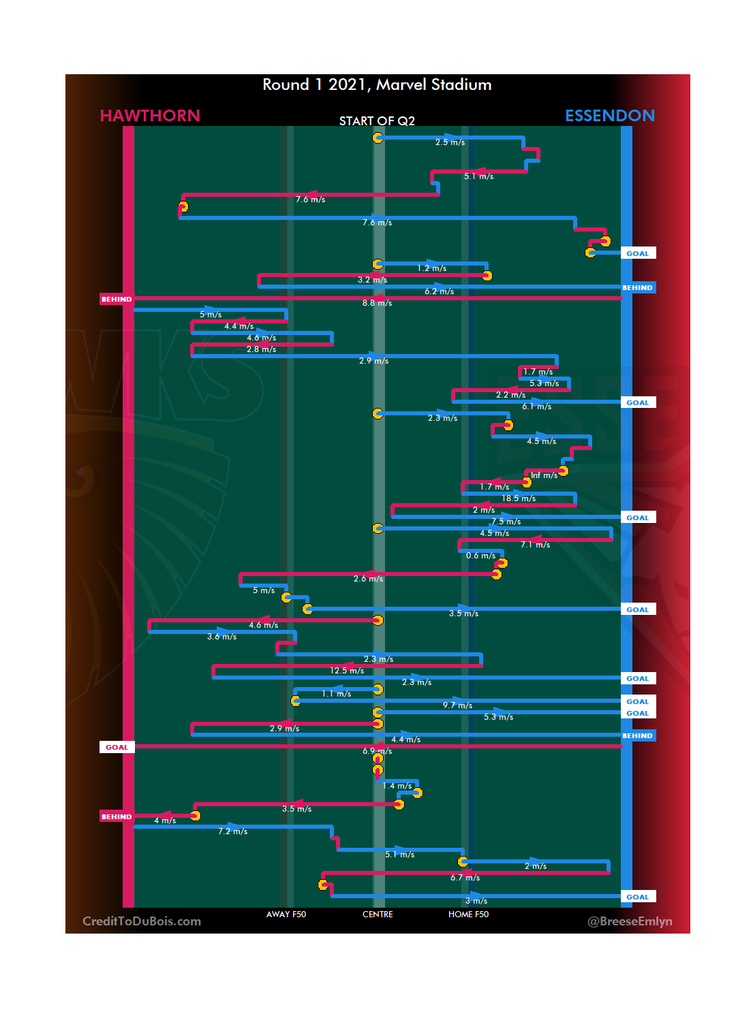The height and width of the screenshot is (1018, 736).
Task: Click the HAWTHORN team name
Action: (150, 116)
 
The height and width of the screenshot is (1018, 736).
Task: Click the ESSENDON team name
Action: (610, 116)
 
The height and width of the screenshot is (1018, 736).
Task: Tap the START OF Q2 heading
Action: (377, 121)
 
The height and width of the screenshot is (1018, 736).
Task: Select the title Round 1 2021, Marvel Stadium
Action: (377, 84)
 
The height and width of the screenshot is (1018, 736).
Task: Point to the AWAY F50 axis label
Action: (286, 914)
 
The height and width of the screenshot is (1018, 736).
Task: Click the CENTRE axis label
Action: (378, 914)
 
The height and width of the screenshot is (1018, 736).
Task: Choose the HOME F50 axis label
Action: (468, 914)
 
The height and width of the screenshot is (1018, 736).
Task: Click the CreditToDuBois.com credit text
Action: (142, 921)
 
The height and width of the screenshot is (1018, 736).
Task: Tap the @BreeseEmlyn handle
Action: (630, 921)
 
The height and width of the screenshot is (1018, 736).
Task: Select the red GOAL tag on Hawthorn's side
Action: (117, 747)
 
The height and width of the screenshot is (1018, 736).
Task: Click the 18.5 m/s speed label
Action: (519, 498)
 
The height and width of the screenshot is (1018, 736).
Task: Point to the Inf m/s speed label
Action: (544, 475)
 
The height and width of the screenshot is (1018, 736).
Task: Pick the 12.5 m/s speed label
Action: (347, 671)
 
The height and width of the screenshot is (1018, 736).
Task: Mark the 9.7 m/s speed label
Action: (457, 705)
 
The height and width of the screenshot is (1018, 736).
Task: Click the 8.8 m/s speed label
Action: (377, 303)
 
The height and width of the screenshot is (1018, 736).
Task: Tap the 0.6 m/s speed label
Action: (480, 556)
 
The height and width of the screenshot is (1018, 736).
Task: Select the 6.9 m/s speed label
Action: (377, 751)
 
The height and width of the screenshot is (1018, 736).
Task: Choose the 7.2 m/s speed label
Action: (232, 831)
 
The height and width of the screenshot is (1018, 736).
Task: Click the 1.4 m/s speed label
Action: (397, 786)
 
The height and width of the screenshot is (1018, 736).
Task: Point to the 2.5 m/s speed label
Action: (450, 142)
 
